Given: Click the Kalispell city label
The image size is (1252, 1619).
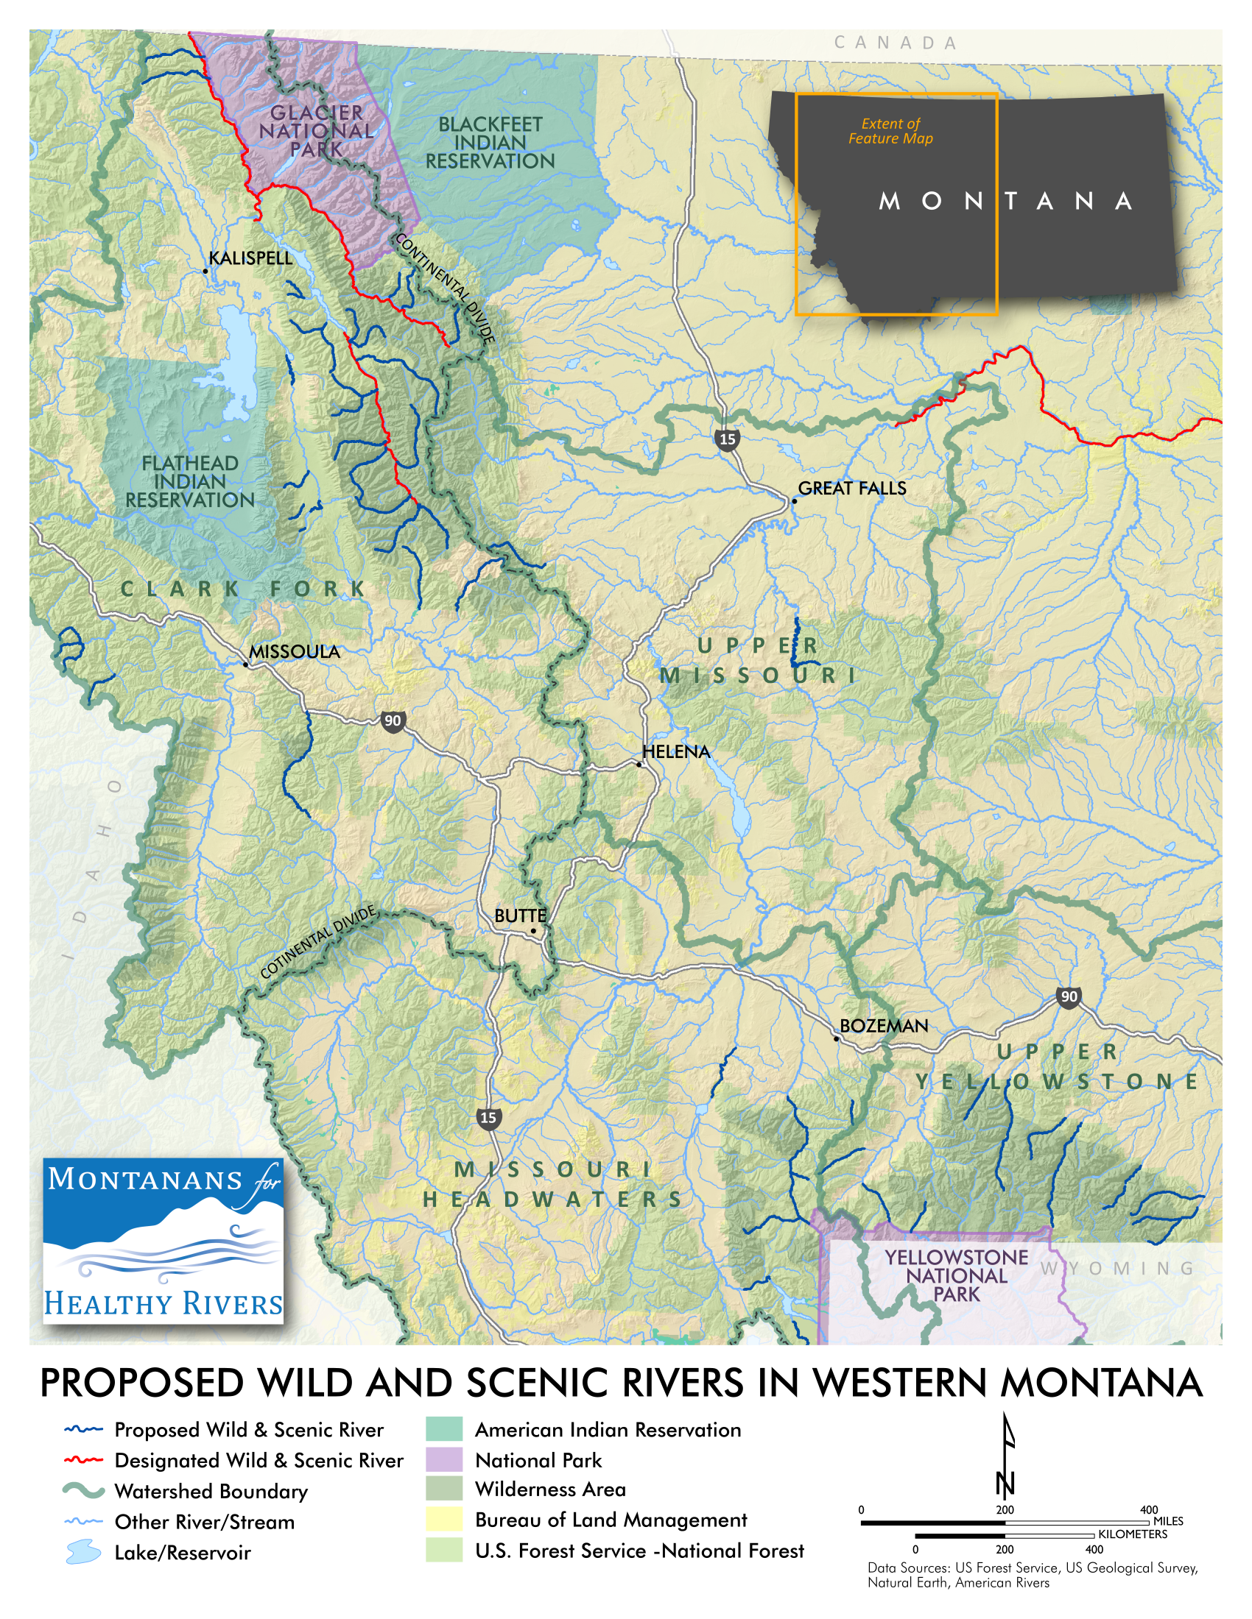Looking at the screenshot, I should click(x=250, y=259).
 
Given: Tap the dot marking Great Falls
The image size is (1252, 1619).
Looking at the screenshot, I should click(x=794, y=501).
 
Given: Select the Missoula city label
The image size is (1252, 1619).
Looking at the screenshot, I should click(x=295, y=652).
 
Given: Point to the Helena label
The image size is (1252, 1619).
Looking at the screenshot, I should click(x=675, y=752).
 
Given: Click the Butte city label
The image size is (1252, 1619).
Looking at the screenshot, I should click(x=520, y=916).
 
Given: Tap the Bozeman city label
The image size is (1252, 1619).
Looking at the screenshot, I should click(x=883, y=1027).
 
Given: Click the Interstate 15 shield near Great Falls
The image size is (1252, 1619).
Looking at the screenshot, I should click(x=728, y=439).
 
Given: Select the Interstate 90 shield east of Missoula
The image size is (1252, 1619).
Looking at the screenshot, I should click(x=393, y=721).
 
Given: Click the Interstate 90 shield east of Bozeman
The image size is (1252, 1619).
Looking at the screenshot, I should click(x=1069, y=998).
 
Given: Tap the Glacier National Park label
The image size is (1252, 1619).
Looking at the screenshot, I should click(x=317, y=131).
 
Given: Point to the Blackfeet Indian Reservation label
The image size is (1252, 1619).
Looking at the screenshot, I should click(x=490, y=143).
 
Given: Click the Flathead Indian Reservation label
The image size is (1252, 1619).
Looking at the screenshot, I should click(x=190, y=482).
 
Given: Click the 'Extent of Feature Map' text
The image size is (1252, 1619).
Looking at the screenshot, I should click(x=890, y=131).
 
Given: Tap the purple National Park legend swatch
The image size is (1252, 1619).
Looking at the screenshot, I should click(x=443, y=1459).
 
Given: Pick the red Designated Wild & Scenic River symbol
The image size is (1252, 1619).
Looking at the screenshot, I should click(x=83, y=1460).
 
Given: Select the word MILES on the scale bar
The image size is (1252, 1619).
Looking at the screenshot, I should click(x=1168, y=1521).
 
